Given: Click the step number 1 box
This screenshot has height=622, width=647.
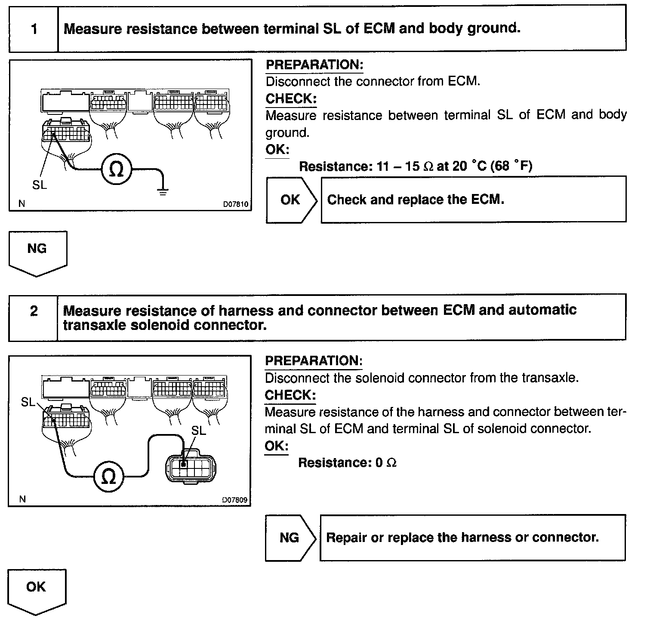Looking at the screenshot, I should coord(34,29).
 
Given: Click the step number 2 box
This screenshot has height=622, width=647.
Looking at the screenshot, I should coord(34,311).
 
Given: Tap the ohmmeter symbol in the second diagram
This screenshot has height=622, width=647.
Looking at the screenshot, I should coord(109,476).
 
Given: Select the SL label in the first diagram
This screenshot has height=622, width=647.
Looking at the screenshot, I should coord(40,185).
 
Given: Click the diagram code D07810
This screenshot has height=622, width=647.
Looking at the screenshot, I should coord(235,204).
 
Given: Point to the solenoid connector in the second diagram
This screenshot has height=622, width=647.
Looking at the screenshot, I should coord(191,466).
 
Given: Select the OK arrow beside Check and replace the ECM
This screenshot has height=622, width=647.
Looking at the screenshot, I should coord(291,200).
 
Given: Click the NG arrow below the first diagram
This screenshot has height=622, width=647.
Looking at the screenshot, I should coord(37,252).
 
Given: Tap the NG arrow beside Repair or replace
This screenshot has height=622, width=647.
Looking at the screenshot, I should coord(290,538).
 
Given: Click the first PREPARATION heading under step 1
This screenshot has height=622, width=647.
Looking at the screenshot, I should coord(314,65).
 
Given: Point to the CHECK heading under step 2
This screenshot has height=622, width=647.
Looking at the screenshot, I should coord(290,395).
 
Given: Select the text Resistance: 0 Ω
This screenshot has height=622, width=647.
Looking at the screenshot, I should coord(347,463).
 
